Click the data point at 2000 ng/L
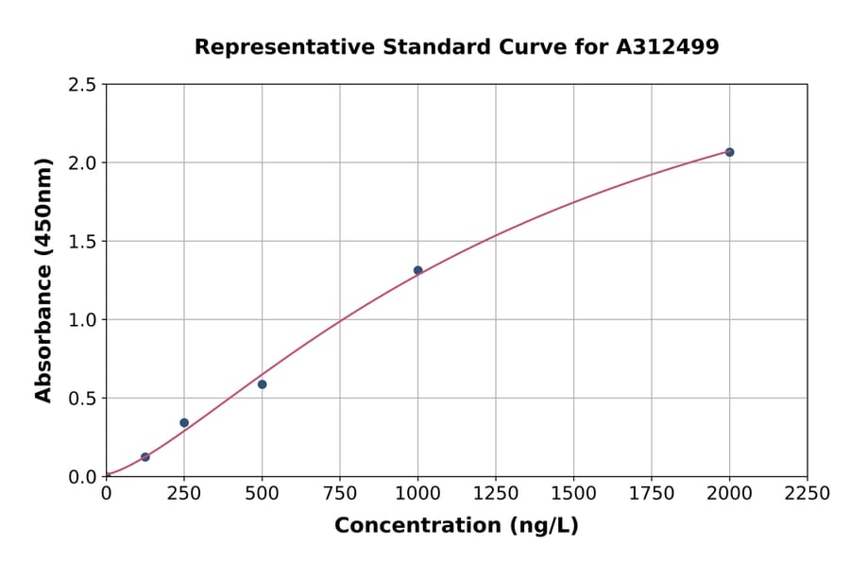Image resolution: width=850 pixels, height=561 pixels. coord(729,152)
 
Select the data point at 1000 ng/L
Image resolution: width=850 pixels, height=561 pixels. coord(417,270)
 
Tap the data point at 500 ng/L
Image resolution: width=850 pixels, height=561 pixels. coord(262,384)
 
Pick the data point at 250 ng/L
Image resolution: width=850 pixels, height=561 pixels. coord(184,422)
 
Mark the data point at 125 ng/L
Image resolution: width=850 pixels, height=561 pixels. coord(145,457)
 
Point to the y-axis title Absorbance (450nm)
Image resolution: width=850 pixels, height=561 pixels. coord(43,280)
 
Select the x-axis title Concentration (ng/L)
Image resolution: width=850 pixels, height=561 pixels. coord(456,526)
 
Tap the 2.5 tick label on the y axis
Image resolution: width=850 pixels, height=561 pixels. coord(82,85)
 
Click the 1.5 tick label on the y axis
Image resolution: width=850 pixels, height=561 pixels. coord(82,242)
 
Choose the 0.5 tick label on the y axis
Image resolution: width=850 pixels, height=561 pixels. coord(82,399)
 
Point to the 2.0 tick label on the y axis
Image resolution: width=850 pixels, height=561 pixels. coord(82,163)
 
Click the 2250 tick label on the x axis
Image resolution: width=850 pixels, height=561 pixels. coord(807,494)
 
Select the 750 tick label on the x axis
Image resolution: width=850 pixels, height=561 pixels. coord(340,494)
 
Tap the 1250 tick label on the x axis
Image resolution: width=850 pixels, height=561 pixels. coord(496,494)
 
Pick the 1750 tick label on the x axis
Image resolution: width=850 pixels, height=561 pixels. coord(652,494)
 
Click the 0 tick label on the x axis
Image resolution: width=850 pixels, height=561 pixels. coord(106,494)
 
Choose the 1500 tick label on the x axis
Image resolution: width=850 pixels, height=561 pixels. coord(573,494)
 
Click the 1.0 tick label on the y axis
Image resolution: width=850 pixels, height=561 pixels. coord(82,320)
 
